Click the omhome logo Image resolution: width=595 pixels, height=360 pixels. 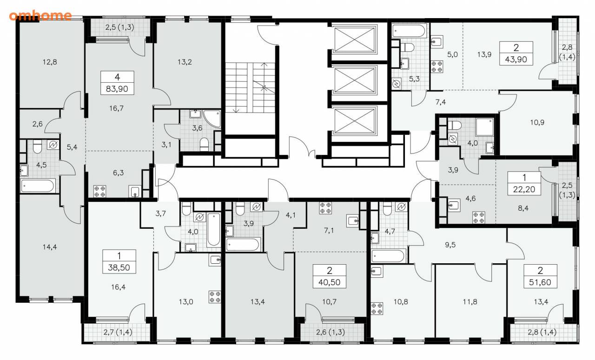[x=40, y=15]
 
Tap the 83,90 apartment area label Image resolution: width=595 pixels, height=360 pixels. [x=117, y=89]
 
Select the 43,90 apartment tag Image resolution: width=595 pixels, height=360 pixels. [x=516, y=53]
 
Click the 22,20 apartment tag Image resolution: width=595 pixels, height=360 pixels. [x=524, y=183]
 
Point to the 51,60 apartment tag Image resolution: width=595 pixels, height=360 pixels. [x=540, y=276]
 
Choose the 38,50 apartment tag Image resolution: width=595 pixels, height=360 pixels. [x=119, y=261]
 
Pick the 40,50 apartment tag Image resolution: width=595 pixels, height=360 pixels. [x=330, y=276]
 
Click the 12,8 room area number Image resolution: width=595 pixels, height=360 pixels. [x=50, y=62]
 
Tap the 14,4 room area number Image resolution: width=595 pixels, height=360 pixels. [x=50, y=247]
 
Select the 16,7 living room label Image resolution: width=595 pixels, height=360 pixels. [x=116, y=108]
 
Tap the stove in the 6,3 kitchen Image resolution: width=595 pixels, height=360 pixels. [x=99, y=192]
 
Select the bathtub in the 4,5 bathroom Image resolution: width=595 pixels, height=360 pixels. [x=38, y=186]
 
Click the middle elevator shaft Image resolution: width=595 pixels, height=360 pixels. [x=354, y=80]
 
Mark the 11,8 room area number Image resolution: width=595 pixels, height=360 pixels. [x=470, y=302]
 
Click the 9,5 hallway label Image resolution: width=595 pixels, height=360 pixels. [x=450, y=245]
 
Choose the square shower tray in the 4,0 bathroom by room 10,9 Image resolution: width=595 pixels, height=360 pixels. [x=485, y=127]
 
